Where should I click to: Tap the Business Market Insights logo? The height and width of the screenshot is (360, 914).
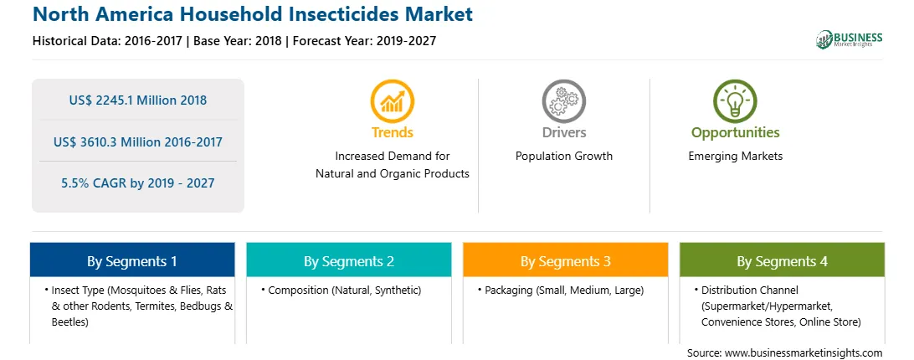(x=849, y=39)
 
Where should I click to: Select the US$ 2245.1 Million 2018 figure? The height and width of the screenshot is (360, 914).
(x=137, y=100)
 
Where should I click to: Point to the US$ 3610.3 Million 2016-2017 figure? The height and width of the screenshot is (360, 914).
(x=137, y=141)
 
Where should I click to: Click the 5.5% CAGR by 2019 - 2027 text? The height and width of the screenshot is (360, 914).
(x=137, y=183)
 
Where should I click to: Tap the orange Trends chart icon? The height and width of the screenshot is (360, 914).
(x=393, y=101)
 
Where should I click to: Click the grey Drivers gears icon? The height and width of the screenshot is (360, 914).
(x=563, y=101)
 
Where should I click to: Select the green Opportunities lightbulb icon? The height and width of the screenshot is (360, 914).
(x=735, y=101)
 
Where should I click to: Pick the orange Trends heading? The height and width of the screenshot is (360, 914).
(x=393, y=132)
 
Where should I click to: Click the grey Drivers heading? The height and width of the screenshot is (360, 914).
(x=563, y=132)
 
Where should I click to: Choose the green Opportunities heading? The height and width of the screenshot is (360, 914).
(x=735, y=132)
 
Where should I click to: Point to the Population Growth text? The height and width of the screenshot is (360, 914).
(x=563, y=157)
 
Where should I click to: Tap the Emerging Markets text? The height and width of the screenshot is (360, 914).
(x=735, y=157)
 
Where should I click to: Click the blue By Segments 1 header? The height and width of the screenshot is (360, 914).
(x=132, y=260)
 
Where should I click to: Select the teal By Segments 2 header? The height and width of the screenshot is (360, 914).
(x=348, y=260)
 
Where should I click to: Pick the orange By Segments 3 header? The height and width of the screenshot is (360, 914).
(x=566, y=260)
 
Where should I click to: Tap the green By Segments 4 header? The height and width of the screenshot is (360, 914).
(x=782, y=260)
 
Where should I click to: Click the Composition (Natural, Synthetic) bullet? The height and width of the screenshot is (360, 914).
(x=341, y=290)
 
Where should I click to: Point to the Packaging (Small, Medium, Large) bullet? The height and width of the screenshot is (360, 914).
(x=560, y=290)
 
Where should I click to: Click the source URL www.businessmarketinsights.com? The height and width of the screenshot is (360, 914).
(x=804, y=353)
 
